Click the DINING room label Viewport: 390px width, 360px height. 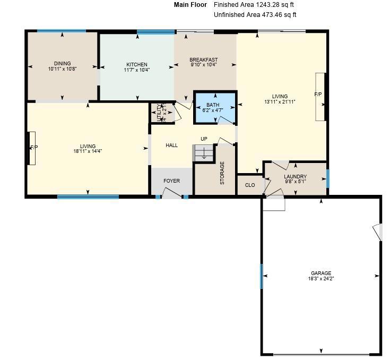click(62, 64)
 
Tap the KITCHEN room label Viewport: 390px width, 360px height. click(136, 65)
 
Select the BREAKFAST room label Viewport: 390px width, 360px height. click(204, 60)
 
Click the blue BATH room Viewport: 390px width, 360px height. click(215, 108)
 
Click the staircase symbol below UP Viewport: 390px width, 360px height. click(202, 153)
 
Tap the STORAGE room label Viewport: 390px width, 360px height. click(222, 173)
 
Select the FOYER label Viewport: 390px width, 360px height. click(171, 181)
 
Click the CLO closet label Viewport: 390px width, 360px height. click(250, 185)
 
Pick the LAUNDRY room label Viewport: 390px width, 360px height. click(295, 177)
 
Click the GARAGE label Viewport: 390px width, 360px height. click(321, 273)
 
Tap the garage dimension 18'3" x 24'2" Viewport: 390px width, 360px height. click(321, 279)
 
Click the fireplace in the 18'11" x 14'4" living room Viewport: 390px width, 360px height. click(32, 148)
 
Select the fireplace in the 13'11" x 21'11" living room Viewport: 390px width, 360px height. click(319, 97)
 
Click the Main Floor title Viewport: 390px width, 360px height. click(190, 5)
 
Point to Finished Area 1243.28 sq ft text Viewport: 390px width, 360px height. click(253, 5)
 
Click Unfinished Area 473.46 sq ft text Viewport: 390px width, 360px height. click(255, 15)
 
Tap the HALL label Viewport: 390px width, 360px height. click(171, 145)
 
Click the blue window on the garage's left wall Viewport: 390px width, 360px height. click(262, 276)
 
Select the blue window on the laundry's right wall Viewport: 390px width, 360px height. click(328, 178)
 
